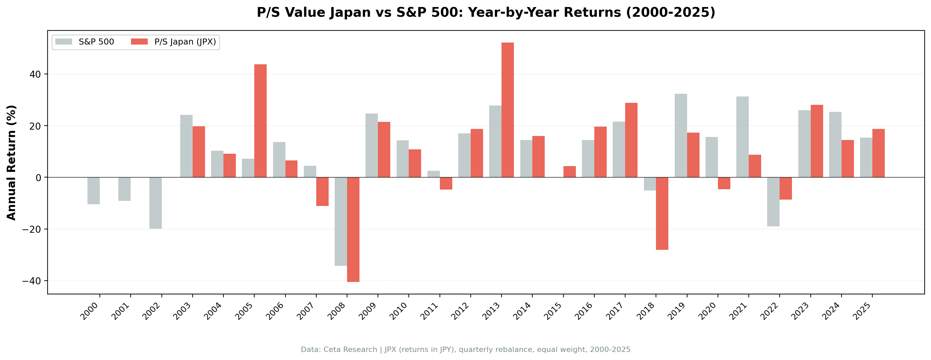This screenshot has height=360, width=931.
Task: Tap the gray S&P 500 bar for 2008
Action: pos(340,222)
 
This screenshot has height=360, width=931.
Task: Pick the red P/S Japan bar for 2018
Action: pos(662,213)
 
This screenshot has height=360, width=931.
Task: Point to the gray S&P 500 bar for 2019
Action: pos(680,136)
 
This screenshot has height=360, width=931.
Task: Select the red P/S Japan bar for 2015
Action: pos(570,172)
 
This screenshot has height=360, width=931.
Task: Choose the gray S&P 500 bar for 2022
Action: pos(773,202)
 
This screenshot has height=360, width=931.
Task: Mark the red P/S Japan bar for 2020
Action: pos(724,183)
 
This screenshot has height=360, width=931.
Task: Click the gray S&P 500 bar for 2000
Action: pos(93,191)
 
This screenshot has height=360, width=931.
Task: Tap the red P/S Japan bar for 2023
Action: pos(817,141)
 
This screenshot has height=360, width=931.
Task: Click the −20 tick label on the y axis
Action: pos(31,229)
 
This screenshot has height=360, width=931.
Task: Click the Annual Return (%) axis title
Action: pos(12,163)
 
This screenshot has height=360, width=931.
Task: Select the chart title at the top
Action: pos(486,13)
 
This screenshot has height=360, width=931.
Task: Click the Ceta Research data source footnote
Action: pos(466,350)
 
